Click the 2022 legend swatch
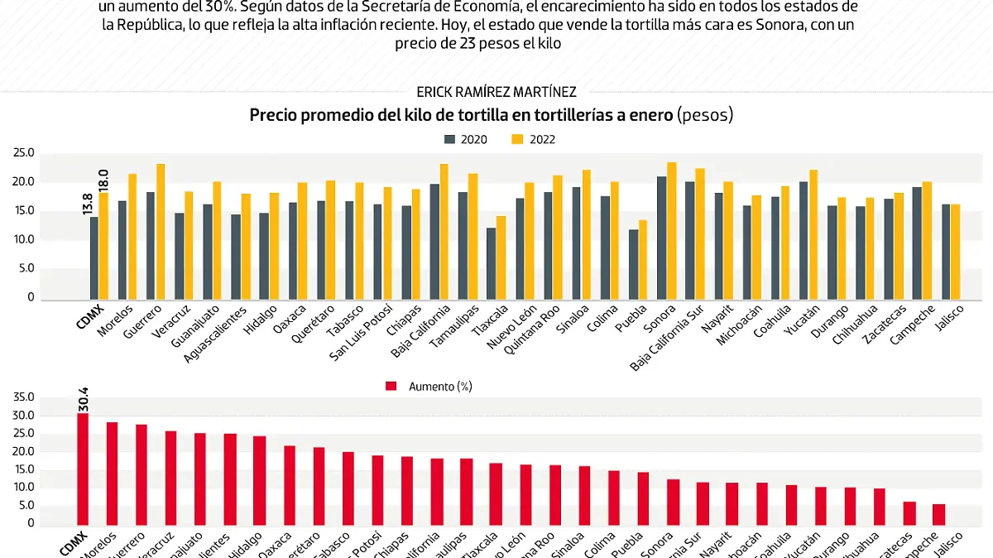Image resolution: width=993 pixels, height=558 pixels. [x=517, y=139]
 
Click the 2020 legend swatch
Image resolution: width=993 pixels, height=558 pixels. [x=450, y=139]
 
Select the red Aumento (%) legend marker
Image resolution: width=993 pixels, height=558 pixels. [x=391, y=386]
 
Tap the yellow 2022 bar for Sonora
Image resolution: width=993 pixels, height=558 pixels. [x=672, y=231]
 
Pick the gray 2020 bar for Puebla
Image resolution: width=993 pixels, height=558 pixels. [x=634, y=265]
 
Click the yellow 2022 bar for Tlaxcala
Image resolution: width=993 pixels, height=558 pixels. [x=501, y=257]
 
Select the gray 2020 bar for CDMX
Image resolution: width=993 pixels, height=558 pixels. [x=94, y=257]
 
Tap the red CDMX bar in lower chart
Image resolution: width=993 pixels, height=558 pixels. [x=83, y=468]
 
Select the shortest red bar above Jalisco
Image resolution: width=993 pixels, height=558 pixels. [x=938, y=513]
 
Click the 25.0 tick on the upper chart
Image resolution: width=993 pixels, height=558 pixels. [x=23, y=153]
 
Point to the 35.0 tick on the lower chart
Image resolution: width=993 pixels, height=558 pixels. [x=23, y=397]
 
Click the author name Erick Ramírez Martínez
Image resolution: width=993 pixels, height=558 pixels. [x=496, y=92]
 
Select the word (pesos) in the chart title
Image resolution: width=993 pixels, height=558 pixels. [x=705, y=116]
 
